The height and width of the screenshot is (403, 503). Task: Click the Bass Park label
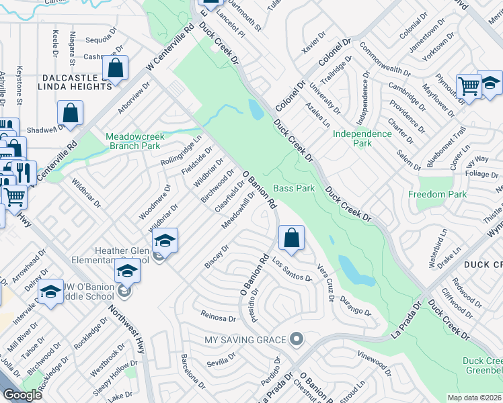point(294,189)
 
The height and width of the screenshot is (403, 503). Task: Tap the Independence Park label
point(362,138)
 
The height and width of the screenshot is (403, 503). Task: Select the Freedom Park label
point(437,194)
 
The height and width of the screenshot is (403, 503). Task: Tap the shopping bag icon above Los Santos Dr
point(291,238)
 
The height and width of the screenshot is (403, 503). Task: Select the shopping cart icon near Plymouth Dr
point(468,85)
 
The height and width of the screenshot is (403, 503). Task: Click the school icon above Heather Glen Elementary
point(165,240)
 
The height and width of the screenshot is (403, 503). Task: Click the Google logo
point(22,395)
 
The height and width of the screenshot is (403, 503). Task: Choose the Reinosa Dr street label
point(219,316)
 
